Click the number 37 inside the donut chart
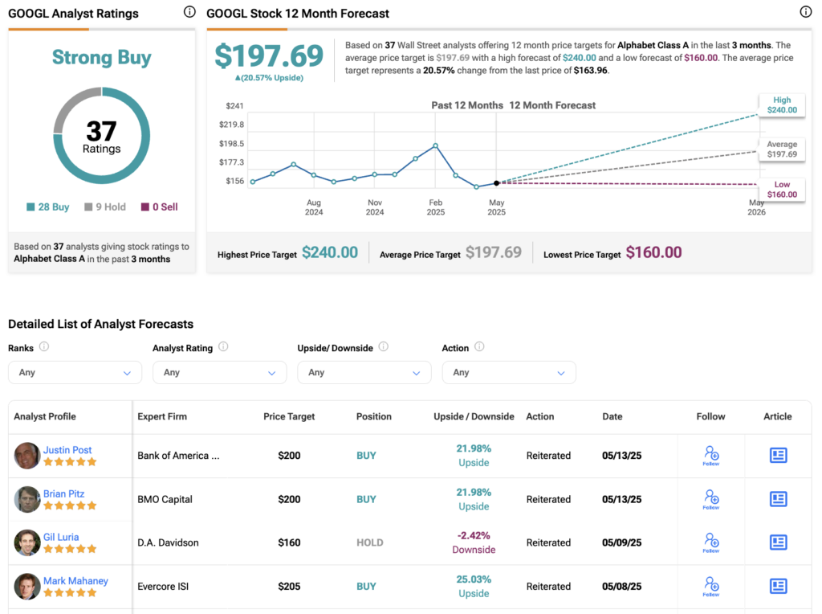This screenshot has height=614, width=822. pos(102,131)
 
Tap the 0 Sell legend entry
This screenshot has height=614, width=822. pos(159,207)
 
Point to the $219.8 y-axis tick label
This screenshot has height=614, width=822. pos(231,125)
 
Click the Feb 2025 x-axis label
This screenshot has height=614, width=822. pos(436,208)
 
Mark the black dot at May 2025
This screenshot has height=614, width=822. pos(496,183)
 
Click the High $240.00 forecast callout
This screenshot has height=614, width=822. pos(782,105)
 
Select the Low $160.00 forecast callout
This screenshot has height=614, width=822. pos(782,190)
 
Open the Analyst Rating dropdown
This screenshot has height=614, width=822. pos(219,373)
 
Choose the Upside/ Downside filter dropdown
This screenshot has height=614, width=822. pos(364,373)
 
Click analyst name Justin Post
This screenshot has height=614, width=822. pos(67,450)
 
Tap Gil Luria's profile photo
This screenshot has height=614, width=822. pos(27,542)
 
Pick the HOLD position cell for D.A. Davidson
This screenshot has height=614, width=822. pos(369,542)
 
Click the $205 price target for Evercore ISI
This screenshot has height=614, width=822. pos(289,586)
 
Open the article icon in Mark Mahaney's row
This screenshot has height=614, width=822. pos(778,586)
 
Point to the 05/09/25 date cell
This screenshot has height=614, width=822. pos(622,542)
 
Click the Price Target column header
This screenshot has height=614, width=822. pos(289,416)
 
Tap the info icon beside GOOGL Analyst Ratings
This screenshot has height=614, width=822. pos(189,12)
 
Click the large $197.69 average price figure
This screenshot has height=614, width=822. pos(269,55)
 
